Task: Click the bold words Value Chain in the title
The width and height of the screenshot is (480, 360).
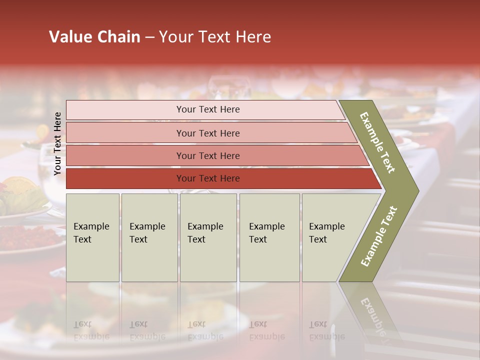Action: click(94, 37)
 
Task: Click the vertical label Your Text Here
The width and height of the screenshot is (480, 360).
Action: click(57, 143)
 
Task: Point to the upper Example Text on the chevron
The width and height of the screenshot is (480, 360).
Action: click(378, 142)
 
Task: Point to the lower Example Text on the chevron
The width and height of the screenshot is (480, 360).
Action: click(379, 236)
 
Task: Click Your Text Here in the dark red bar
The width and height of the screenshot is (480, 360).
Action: click(208, 178)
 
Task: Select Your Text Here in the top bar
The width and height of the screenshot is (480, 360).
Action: click(208, 109)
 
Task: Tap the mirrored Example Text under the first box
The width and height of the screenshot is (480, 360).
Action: click(91, 330)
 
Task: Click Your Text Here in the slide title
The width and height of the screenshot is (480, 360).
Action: click(215, 37)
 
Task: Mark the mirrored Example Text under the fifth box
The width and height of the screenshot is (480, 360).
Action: click(326, 330)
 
